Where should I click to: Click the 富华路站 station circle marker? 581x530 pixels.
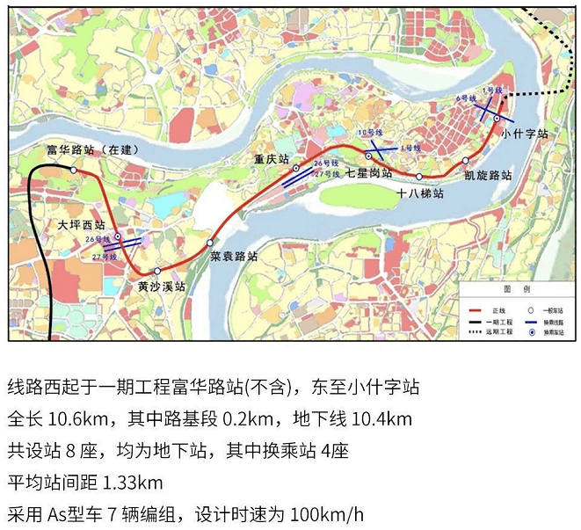coord(74,170)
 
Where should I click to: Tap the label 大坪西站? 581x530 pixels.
coord(80,226)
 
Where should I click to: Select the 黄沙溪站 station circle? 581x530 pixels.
coord(157,272)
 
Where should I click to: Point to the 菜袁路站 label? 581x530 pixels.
coord(234,257)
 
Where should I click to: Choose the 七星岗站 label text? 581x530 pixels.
coord(369,173)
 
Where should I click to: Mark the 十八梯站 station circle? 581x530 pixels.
coord(418,177)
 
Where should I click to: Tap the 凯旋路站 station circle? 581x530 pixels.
coord(466,161)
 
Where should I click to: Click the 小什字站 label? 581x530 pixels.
coord(524,134)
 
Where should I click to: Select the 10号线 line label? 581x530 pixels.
coord(371,133)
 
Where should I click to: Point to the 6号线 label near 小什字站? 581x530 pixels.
coord(466,99)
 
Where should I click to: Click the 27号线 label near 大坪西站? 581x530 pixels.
coord(103,257)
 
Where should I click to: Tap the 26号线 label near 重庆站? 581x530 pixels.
coord(327,163)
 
